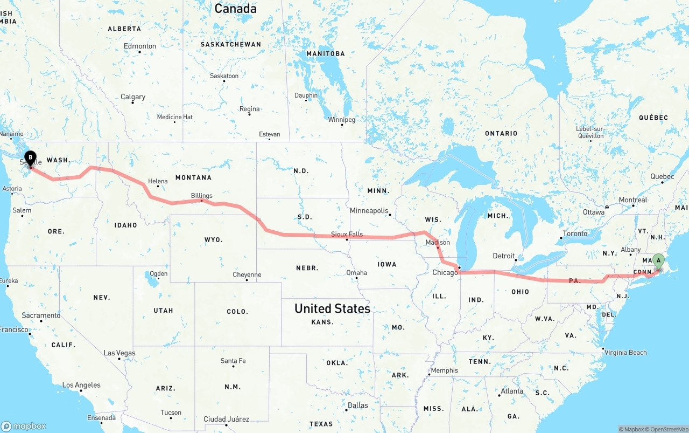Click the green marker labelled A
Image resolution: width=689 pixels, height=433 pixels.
tap(658, 261)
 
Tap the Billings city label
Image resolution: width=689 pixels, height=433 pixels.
tap(201, 196)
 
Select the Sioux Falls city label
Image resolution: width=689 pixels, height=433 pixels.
tap(347, 235)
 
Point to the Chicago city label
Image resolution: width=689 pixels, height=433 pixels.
tap(445, 273)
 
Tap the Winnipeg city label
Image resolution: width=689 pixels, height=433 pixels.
tap(342, 119)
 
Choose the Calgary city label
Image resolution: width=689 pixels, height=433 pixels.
tap(133, 97)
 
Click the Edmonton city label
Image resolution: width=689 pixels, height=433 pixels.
tap(140, 46)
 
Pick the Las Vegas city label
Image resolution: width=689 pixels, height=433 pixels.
tap(119, 353)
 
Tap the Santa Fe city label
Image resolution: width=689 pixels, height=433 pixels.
tap(233, 361)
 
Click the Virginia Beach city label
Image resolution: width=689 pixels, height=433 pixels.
tap(625, 353)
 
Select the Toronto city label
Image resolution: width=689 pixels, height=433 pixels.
tap(575, 234)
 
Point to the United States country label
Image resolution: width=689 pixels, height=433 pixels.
tap(332, 308)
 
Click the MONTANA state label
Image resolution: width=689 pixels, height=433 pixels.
tap(193, 177)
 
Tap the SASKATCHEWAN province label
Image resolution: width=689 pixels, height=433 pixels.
tap(230, 44)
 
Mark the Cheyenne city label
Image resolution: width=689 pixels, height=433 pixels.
tap(247, 275)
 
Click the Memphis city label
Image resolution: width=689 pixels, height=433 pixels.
tap(445, 370)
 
